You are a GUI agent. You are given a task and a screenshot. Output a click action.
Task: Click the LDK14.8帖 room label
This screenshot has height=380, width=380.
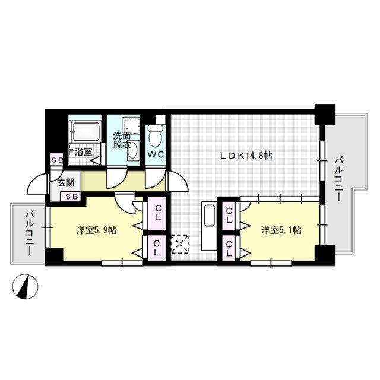click(x=246, y=156)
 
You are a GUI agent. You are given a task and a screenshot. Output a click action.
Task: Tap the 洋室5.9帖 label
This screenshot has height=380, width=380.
click(x=96, y=230)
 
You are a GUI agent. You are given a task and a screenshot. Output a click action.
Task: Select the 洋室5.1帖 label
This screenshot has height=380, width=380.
click(x=281, y=230)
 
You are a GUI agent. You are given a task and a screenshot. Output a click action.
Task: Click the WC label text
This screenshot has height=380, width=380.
click(x=156, y=154)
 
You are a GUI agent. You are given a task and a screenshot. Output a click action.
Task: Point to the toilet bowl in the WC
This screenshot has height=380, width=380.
click(x=156, y=136)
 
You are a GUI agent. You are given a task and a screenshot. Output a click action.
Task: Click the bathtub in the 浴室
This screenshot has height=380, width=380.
click(x=87, y=131)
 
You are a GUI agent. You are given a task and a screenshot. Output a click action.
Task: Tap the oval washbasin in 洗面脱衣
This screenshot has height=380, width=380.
click(x=132, y=150)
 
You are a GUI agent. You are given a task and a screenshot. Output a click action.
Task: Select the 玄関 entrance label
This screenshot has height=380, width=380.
click(x=65, y=182)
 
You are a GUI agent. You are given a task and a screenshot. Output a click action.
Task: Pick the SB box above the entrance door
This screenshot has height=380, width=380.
click(x=57, y=160)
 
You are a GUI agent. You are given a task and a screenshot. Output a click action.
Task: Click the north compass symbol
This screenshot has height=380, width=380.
click(x=25, y=286)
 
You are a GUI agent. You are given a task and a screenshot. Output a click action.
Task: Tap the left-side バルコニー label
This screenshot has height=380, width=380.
click(x=29, y=233)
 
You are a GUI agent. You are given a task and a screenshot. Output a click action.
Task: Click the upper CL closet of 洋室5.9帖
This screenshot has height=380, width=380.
click(x=157, y=213)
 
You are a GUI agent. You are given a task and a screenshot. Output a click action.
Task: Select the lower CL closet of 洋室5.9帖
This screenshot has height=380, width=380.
click(x=157, y=248)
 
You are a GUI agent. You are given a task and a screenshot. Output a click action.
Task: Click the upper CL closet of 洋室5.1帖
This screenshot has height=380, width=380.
click(x=229, y=216)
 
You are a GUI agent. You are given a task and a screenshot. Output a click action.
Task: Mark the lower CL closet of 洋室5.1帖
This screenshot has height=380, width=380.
click(x=229, y=248)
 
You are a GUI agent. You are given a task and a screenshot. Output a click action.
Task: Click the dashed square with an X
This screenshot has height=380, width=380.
click(x=180, y=244)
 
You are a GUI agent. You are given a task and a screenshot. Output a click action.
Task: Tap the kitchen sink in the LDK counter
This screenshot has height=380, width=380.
click(x=210, y=216)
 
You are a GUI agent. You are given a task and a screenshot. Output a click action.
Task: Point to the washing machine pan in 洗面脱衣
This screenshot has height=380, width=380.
click(x=131, y=125)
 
